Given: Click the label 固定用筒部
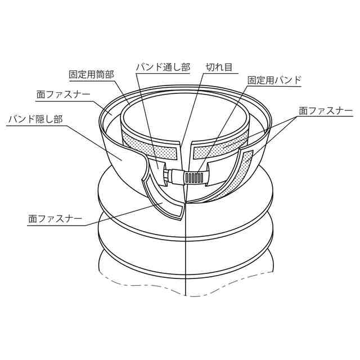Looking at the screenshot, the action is coord(92,75).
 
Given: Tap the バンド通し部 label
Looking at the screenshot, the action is coord(163,67).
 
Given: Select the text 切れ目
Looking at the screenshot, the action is coord(219,67).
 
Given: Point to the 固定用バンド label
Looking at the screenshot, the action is coord(274,80).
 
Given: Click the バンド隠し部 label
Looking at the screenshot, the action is coord(35,120).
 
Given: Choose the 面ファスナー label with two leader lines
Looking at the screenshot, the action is coord(326,111).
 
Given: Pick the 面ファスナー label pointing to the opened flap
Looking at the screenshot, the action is coord(55,219).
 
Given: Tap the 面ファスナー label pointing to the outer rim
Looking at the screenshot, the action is coord(63,94).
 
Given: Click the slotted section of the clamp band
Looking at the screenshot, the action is coord(193,177).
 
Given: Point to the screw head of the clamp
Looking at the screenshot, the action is coord(166,175).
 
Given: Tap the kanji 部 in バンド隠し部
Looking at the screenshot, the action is coord(58,120).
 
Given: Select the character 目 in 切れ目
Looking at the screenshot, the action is coord(228,67).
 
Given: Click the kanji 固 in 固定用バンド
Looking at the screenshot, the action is coord(252,80).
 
